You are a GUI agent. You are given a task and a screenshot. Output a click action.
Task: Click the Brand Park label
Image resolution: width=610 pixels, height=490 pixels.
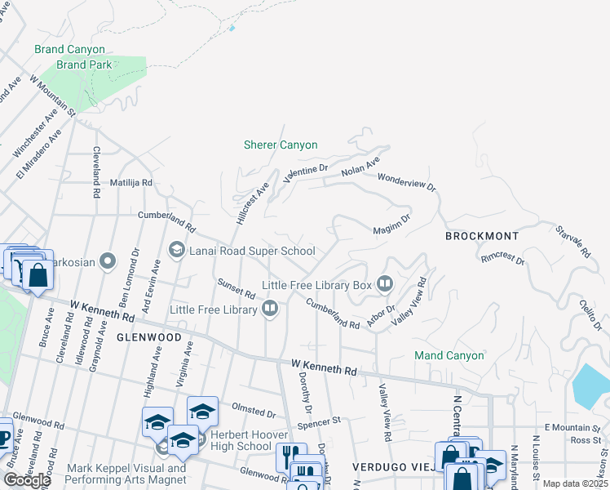pos(82,65)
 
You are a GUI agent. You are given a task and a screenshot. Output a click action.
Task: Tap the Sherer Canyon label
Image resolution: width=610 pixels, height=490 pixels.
pos(281,145)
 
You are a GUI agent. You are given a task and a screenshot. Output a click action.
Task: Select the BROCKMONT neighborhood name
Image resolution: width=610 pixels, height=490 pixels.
pos(481,235)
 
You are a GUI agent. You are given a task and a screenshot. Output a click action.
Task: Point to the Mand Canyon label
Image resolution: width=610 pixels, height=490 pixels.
pos(449,355)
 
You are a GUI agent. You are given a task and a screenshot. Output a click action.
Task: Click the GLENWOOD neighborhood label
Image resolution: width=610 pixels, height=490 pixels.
pos(148,336)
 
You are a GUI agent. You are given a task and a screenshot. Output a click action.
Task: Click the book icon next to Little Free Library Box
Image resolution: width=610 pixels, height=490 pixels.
pos(385,284)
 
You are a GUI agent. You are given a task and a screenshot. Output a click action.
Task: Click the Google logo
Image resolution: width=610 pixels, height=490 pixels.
pos(27,479)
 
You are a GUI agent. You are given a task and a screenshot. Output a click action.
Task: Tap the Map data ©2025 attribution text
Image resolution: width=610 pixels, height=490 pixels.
pos(575,483)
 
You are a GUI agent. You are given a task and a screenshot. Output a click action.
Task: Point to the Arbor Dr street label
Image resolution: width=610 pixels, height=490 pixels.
pos(380,315)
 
